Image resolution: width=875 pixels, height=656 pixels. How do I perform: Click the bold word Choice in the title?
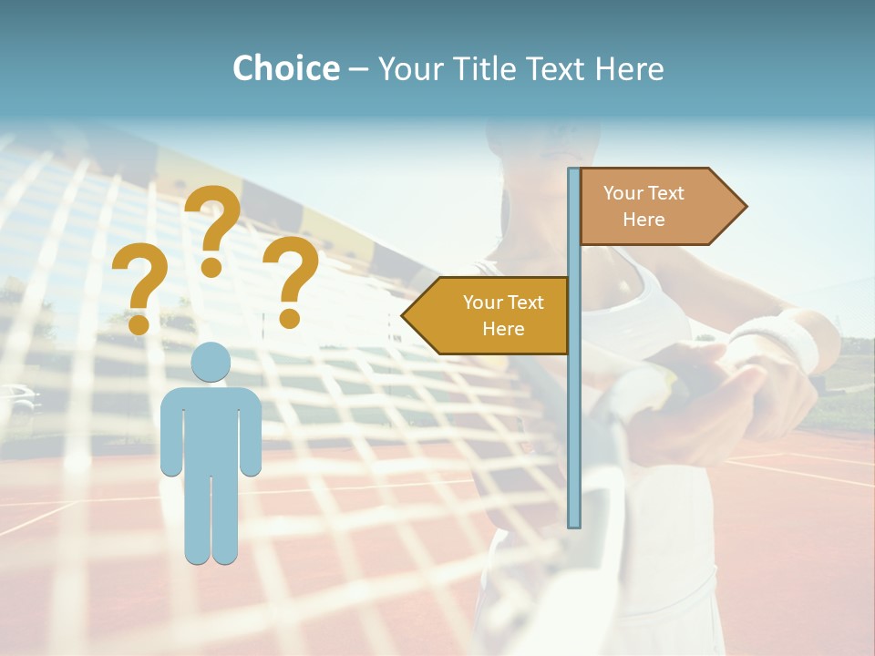click(x=285, y=68)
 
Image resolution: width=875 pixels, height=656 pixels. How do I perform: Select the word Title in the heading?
click(x=481, y=68)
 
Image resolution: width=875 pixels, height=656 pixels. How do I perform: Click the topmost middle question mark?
click(x=212, y=228)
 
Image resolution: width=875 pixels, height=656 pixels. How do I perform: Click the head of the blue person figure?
click(x=211, y=362)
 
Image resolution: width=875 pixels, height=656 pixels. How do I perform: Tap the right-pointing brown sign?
click(x=656, y=207)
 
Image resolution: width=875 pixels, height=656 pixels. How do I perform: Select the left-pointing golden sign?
click(x=492, y=315)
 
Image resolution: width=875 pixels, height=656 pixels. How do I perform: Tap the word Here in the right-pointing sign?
click(x=643, y=220)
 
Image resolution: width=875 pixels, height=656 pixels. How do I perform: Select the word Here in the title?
click(x=629, y=68)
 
